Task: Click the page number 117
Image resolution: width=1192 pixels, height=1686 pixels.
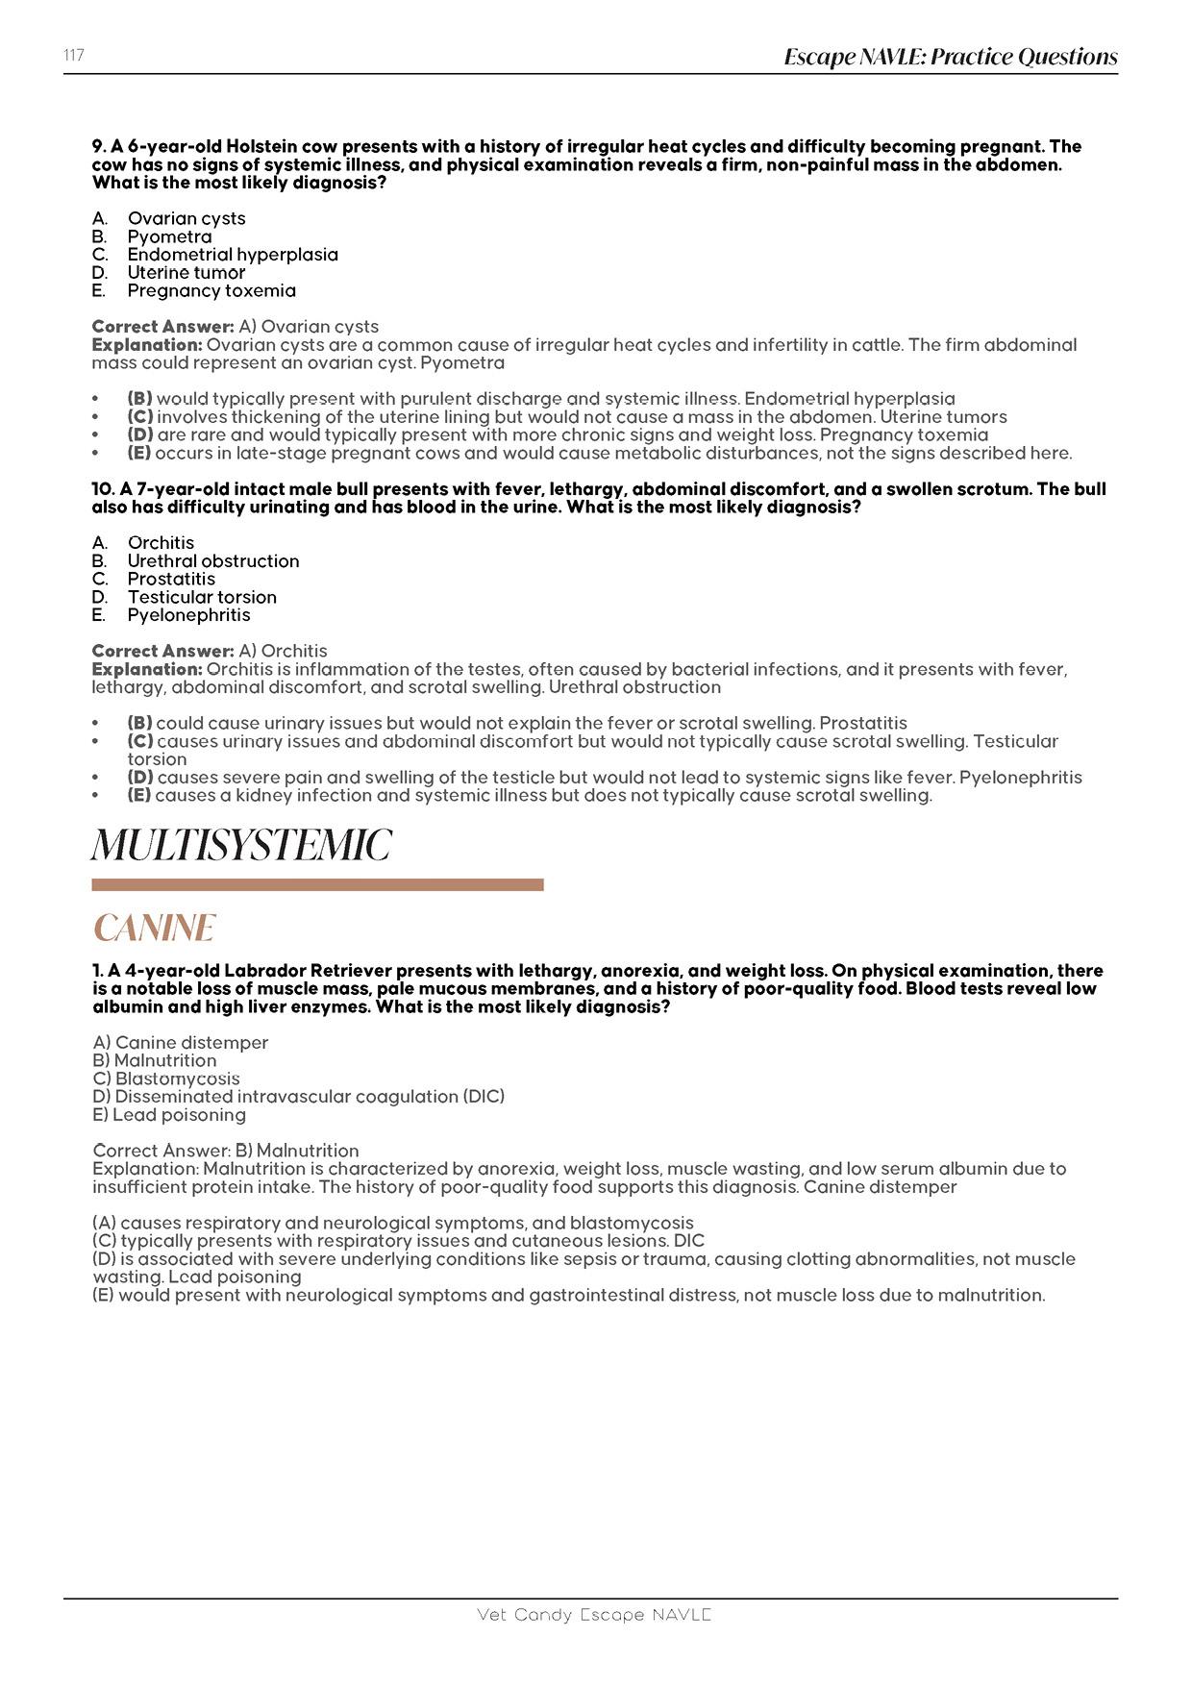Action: tap(74, 56)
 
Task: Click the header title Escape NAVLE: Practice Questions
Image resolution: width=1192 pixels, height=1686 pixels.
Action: tap(950, 58)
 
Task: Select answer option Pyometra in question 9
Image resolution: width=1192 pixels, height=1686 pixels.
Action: tap(169, 236)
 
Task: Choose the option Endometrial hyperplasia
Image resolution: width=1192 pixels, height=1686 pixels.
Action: tap(233, 255)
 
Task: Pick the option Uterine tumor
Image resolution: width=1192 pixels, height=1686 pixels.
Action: tap(186, 273)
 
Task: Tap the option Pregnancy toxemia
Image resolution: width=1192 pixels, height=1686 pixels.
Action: tap(211, 290)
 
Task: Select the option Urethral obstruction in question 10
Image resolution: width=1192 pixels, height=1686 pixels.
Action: tap(213, 561)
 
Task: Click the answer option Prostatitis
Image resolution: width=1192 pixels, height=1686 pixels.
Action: tap(171, 579)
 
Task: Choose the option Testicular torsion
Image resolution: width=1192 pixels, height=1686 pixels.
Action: tap(202, 597)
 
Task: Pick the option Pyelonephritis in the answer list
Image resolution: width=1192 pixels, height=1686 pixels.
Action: tap(188, 615)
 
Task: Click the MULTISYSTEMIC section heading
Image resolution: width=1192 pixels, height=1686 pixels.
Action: tap(241, 847)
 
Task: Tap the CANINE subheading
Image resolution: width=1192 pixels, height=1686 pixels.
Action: tap(154, 929)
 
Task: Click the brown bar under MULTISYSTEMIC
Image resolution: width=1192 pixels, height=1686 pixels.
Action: tap(317, 884)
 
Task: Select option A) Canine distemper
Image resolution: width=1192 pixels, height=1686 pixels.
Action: tap(181, 1043)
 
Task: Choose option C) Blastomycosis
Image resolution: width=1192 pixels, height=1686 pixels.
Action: tap(166, 1079)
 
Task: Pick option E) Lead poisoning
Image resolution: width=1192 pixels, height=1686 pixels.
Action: tap(169, 1115)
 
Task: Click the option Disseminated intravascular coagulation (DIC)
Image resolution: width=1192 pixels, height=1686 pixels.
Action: tap(298, 1097)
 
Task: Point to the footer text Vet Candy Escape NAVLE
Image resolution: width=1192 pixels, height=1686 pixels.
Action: tap(594, 1615)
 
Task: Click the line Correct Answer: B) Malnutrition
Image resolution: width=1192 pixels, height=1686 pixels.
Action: tap(226, 1151)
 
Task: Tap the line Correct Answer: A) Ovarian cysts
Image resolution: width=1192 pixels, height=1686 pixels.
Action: tap(236, 327)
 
